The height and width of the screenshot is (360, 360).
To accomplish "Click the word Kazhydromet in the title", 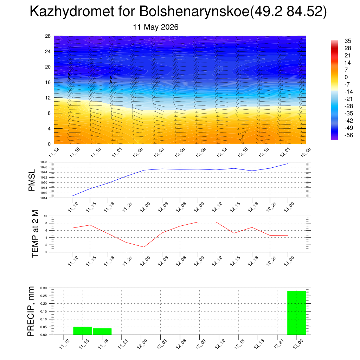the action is (72, 11).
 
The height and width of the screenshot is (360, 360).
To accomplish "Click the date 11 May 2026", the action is (156, 27).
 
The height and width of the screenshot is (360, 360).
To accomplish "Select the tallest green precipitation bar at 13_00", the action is (297, 313).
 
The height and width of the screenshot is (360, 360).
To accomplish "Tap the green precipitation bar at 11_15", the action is (83, 330).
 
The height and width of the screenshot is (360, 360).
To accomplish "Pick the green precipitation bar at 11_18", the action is (102, 332).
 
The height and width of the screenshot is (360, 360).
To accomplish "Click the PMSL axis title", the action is (32, 180).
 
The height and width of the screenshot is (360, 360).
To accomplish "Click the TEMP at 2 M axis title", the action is (35, 234).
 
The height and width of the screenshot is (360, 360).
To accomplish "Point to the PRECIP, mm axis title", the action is (31, 311).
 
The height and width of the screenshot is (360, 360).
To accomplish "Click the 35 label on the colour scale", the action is (348, 41).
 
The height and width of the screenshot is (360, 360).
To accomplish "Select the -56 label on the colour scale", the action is (349, 135).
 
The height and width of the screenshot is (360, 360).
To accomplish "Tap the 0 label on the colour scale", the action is (346, 77).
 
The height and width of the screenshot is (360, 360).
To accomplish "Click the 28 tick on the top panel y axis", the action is (48, 36).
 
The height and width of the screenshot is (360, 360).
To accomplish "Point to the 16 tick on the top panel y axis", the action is (48, 82).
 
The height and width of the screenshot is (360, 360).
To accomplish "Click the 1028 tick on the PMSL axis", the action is (44, 162).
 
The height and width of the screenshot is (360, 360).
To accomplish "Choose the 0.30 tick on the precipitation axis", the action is (43, 288).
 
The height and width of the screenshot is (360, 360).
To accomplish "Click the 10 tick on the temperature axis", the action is (45, 216).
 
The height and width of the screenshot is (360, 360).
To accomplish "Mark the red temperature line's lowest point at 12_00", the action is (144, 247).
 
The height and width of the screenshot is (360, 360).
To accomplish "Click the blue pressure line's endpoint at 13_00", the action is (288, 164).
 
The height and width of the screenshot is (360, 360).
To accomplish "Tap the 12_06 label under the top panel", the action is (180, 153).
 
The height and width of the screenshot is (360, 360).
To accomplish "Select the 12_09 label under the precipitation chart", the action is (201, 344).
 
